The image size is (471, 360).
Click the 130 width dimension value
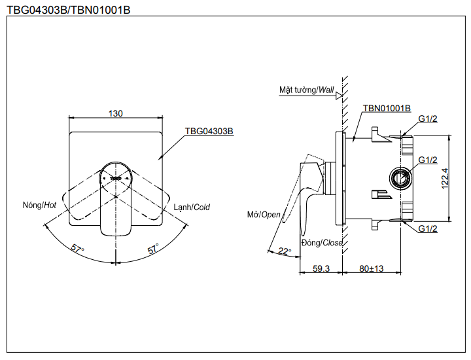coord(116,113)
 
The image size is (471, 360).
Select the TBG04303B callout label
coord(209,131)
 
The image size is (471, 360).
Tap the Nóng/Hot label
coord(39,206)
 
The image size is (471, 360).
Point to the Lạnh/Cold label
coord(192,207)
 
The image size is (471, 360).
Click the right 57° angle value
coord(153,249)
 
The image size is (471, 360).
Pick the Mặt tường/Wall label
coord(306,90)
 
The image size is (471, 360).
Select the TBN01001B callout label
coord(387,108)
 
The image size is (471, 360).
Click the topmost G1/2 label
coord(428,118)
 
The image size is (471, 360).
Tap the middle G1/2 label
coord(428,160)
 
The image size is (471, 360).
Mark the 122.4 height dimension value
coord(445,179)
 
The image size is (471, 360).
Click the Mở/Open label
coord(263,215)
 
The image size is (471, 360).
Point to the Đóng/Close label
coord(322,243)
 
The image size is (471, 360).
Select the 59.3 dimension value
coord(321,268)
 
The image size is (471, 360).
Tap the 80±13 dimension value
coord(372,268)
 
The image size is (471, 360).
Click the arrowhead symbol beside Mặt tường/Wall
coord(339,95)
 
